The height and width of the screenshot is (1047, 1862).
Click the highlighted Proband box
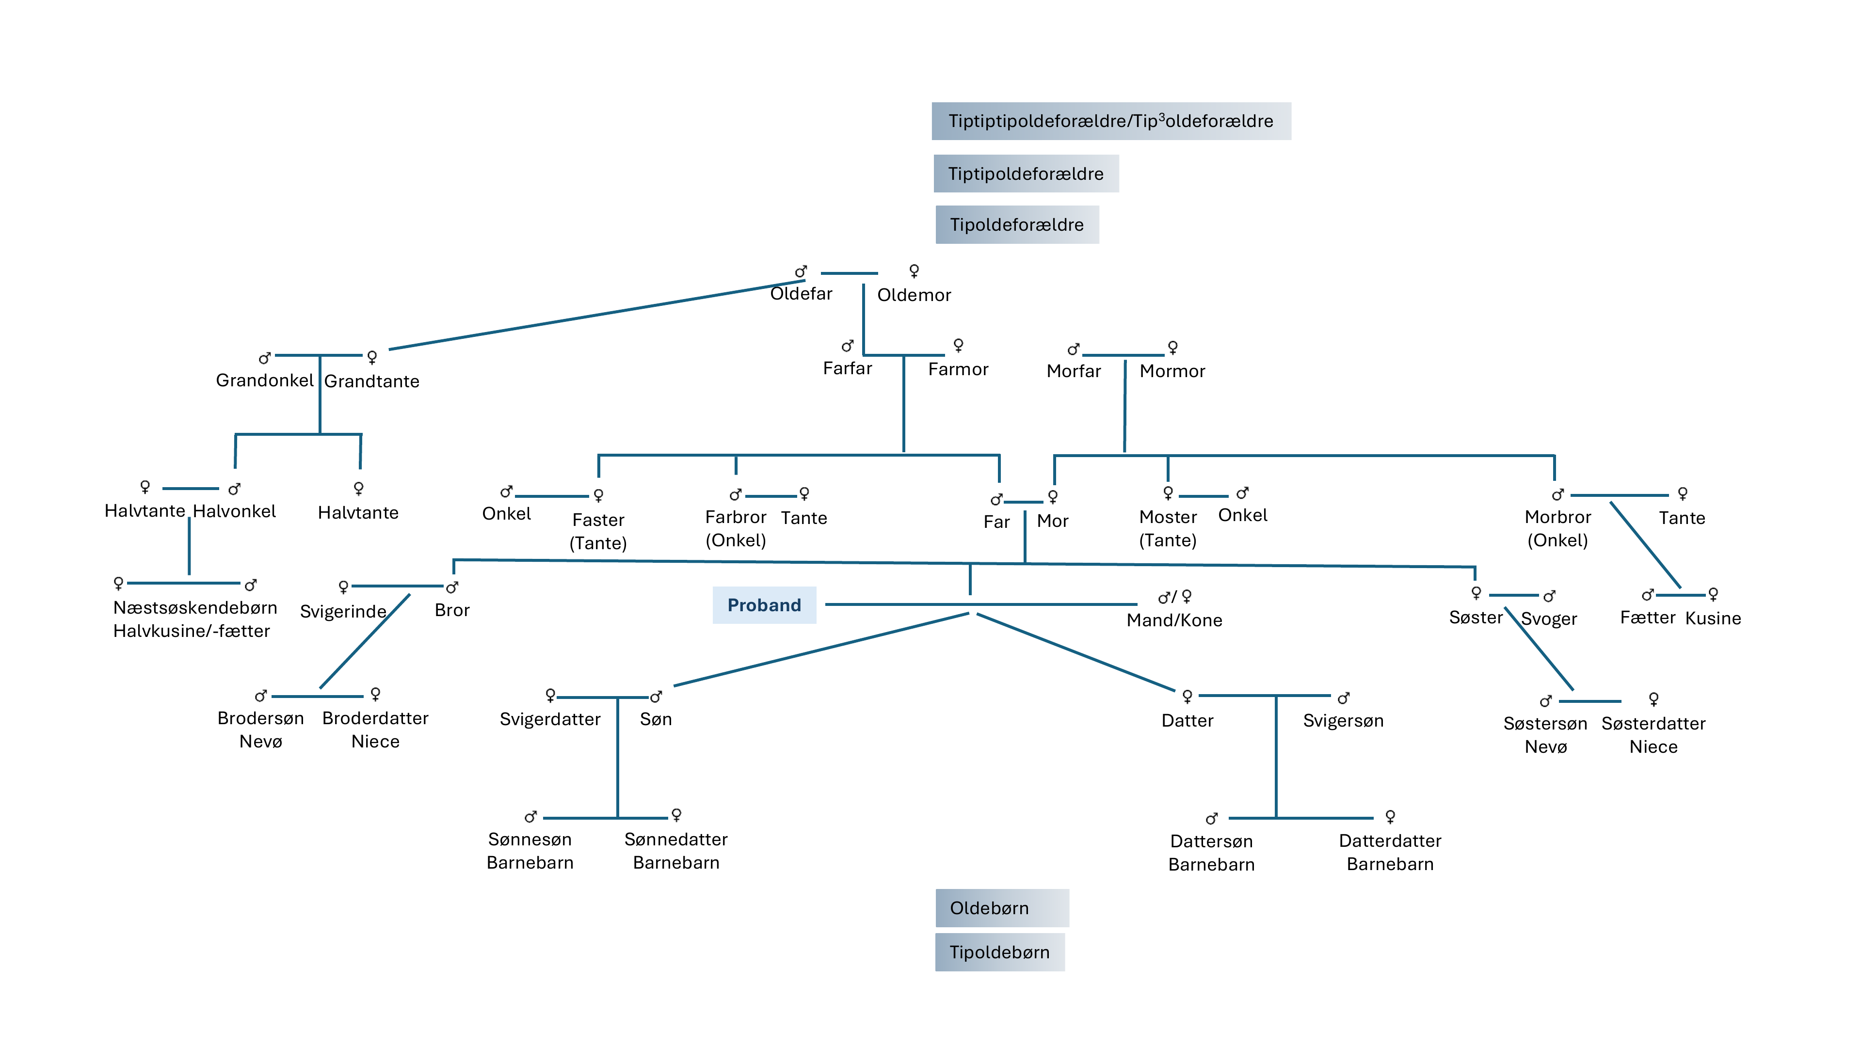pyautogui.click(x=764, y=605)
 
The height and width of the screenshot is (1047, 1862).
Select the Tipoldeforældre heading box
pyautogui.click(x=1017, y=225)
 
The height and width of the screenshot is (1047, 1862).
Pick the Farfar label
pyautogui.click(x=847, y=368)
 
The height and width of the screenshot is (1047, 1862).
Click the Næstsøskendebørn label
pyautogui.click(x=195, y=608)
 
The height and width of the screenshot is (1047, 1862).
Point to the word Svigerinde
pyautogui.click(x=343, y=612)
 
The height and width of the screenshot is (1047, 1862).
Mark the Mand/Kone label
pyautogui.click(x=1174, y=620)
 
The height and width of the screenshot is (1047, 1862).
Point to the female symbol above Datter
pyautogui.click(x=1187, y=696)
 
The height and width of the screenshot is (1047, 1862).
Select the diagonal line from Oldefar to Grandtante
pyautogui.click(x=597, y=315)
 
